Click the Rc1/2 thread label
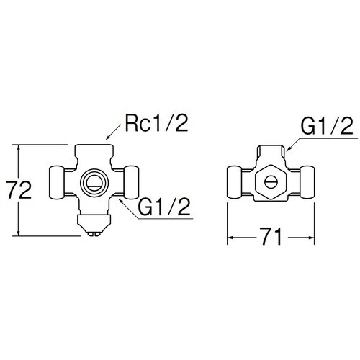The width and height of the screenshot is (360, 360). click(x=156, y=124)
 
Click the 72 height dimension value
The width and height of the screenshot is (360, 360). click(x=19, y=190)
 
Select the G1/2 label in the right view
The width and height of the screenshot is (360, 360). click(x=327, y=126)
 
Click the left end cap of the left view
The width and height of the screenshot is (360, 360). click(x=57, y=183)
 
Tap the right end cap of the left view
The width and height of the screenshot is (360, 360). click(x=131, y=183)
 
